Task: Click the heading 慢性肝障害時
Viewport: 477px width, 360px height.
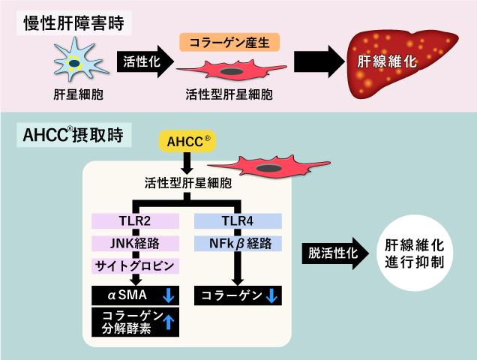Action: [74, 23]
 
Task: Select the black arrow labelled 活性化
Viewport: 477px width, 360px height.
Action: [145, 61]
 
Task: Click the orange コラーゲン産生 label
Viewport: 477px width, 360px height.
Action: [229, 42]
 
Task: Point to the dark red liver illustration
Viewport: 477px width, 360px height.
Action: [402, 64]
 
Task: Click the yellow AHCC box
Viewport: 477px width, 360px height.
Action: [187, 141]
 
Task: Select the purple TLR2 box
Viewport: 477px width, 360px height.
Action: [135, 221]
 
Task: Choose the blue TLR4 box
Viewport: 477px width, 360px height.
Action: [238, 221]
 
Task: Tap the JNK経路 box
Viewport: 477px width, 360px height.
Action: [135, 244]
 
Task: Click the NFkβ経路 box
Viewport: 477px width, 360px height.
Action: [238, 244]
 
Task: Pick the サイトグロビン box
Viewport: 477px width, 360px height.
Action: [135, 266]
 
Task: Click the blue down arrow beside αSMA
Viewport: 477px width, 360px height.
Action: [168, 295]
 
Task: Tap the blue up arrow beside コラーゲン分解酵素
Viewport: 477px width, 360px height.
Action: [168, 322]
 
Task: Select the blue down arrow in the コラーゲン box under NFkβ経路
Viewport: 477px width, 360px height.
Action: [271, 295]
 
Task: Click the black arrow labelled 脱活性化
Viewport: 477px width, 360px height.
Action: [335, 253]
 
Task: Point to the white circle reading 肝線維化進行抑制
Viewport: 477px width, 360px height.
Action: [415, 253]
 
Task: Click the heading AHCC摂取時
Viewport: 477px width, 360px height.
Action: [73, 135]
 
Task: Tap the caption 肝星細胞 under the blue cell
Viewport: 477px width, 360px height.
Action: [79, 94]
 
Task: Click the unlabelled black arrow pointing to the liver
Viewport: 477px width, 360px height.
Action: [319, 61]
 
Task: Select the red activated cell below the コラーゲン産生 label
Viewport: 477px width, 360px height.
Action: [232, 70]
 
